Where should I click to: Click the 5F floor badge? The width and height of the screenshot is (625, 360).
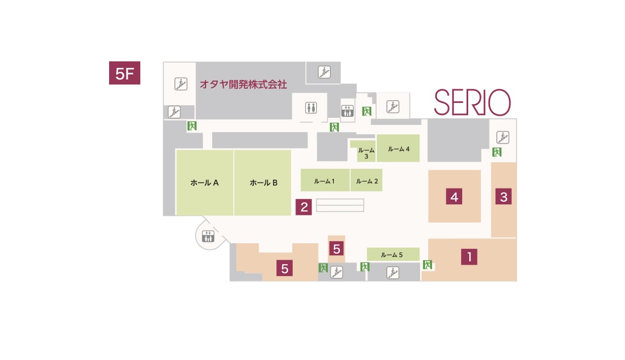click(x=125, y=73)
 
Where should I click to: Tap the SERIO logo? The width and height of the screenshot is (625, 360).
click(x=473, y=102)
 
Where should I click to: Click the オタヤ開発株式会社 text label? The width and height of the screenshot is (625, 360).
click(x=243, y=84)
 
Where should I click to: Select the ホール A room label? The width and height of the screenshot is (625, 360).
click(x=204, y=183)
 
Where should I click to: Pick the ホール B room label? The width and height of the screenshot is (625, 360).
click(x=264, y=183)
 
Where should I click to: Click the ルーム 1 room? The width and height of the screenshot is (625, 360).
click(x=325, y=180)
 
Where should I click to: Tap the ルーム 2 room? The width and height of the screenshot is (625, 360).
click(x=366, y=180)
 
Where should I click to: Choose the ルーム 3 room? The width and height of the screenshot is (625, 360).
click(x=366, y=151)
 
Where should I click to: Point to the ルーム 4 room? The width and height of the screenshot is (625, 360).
click(x=398, y=148)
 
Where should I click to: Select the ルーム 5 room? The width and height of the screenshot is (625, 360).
click(x=393, y=254)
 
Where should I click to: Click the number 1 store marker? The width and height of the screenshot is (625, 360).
click(x=469, y=257)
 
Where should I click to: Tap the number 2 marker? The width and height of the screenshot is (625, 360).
click(x=304, y=207)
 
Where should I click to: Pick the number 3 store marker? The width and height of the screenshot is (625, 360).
click(x=503, y=197)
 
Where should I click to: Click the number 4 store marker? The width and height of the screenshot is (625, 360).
click(x=454, y=197)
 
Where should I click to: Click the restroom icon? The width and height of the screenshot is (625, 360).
click(x=311, y=107)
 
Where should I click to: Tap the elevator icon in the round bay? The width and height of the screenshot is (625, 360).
click(x=208, y=236)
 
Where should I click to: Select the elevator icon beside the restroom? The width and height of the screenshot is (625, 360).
click(x=348, y=111)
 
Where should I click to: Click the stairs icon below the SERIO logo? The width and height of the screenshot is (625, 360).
click(x=503, y=138)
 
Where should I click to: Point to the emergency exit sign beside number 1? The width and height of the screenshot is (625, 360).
click(x=428, y=265)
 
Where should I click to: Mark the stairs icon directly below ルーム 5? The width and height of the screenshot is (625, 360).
click(x=393, y=273)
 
